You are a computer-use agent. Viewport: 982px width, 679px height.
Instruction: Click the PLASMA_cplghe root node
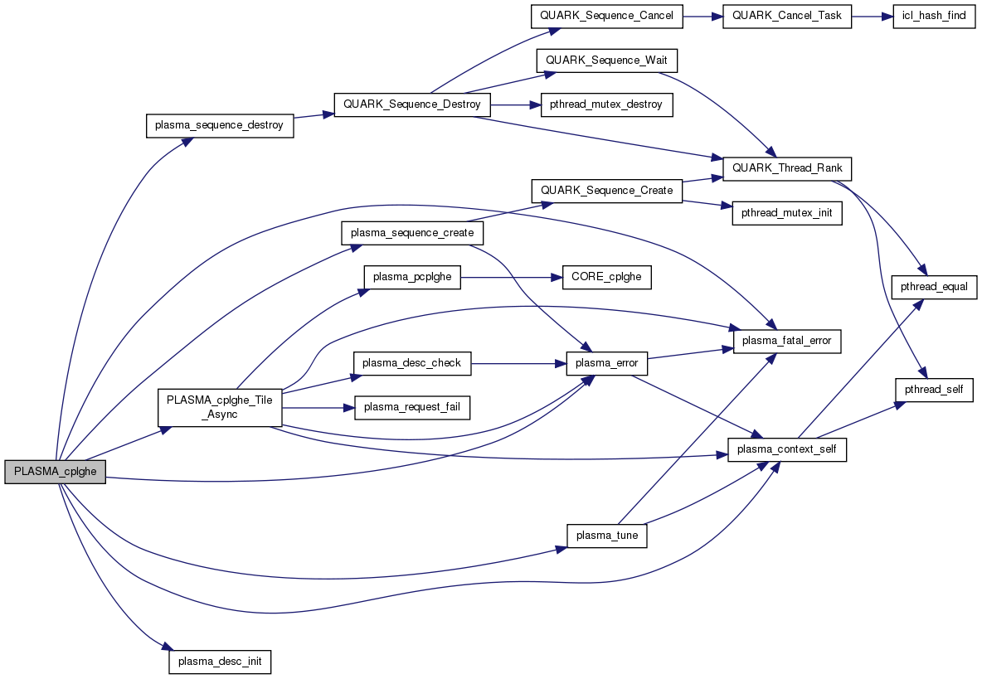click(56, 472)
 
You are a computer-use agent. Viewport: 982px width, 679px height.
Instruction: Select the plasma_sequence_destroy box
click(220, 125)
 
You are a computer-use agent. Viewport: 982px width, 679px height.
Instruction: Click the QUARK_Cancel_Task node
click(787, 17)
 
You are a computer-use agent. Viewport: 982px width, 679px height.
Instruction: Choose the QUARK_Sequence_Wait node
click(607, 61)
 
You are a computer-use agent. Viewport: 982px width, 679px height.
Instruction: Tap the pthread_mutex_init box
click(787, 213)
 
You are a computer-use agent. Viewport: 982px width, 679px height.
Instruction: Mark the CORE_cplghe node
click(606, 278)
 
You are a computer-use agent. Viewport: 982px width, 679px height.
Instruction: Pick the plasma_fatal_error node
click(787, 341)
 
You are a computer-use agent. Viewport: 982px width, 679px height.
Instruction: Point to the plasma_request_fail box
click(412, 407)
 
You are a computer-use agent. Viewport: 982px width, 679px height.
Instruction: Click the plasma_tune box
click(606, 535)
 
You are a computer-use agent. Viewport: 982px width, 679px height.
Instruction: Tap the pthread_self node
click(934, 389)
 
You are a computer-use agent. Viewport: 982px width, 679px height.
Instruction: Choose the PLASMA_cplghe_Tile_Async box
click(220, 407)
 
